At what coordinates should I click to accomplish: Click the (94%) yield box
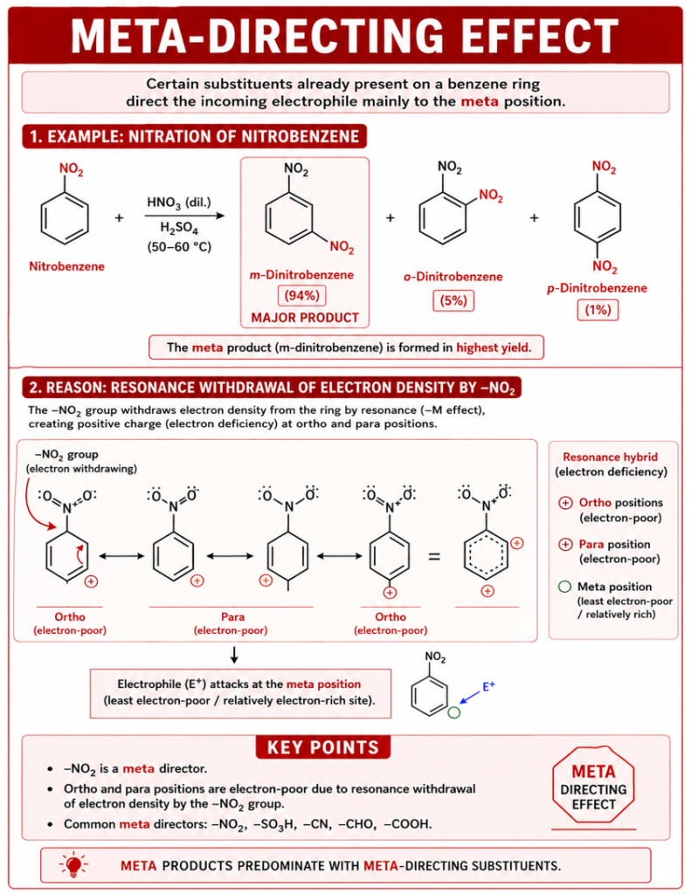[302, 295]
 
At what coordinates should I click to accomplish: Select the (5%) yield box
[453, 300]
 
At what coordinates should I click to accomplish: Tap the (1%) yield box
[598, 310]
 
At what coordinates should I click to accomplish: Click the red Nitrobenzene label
[66, 266]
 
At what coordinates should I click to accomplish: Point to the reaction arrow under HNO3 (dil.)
[184, 216]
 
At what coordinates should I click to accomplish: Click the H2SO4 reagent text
[179, 229]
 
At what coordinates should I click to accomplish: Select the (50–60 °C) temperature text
[179, 247]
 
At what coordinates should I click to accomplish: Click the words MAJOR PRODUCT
[305, 318]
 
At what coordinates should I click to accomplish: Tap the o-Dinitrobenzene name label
[453, 277]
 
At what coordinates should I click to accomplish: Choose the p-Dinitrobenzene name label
[597, 288]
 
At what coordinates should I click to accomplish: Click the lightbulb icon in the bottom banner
[73, 865]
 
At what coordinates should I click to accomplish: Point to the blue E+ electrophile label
[489, 686]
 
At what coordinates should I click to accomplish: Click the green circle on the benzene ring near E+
[453, 712]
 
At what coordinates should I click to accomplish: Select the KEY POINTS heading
[323, 747]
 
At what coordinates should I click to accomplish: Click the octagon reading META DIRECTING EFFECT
[593, 786]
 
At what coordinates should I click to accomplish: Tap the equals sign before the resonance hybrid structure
[434, 556]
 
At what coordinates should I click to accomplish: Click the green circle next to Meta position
[564, 587]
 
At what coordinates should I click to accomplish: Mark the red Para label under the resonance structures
[232, 617]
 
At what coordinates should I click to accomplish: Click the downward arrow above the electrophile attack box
[234, 655]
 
